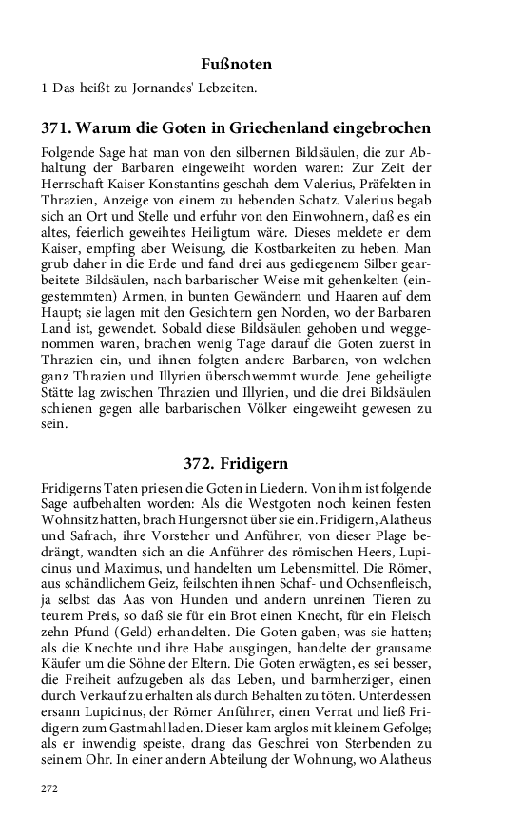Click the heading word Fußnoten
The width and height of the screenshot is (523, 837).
pyautogui.click(x=237, y=65)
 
